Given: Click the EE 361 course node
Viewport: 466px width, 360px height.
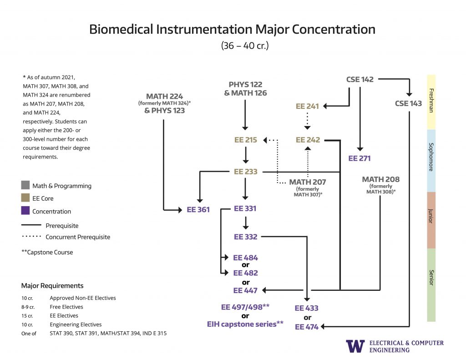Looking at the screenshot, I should tap(198, 210).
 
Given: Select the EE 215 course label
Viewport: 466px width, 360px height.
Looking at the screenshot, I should tap(246, 140).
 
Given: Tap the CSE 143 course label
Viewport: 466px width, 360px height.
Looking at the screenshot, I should tap(408, 103).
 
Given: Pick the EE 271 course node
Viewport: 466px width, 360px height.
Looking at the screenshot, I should tap(360, 158).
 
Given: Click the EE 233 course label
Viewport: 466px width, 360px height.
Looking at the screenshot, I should tap(246, 172).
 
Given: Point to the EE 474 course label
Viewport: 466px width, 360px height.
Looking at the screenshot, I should tap(307, 327).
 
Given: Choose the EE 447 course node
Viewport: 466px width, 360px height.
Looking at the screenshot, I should tap(246, 290).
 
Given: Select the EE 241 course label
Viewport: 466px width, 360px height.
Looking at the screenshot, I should tap(307, 106).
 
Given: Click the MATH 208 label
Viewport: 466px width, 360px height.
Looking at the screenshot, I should tap(381, 179).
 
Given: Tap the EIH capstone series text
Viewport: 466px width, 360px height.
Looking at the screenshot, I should tap(245, 324).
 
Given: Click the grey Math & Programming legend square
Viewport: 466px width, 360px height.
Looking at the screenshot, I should tap(25, 186).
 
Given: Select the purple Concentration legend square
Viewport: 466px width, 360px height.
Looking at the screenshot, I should tap(25, 211).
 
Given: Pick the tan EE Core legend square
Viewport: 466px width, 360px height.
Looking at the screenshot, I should tap(25, 198).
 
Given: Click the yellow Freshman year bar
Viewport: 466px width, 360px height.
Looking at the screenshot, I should tap(431, 102).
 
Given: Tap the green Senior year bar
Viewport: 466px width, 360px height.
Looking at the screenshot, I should tap(431, 285).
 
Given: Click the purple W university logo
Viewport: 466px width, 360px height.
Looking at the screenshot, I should tap(355, 346).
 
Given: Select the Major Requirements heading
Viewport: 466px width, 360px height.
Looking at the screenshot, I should tap(52, 286).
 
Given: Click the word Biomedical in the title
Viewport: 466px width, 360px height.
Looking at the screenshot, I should tap(122, 29).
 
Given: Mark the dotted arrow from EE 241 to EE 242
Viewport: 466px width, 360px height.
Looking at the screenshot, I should tap(308, 121).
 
